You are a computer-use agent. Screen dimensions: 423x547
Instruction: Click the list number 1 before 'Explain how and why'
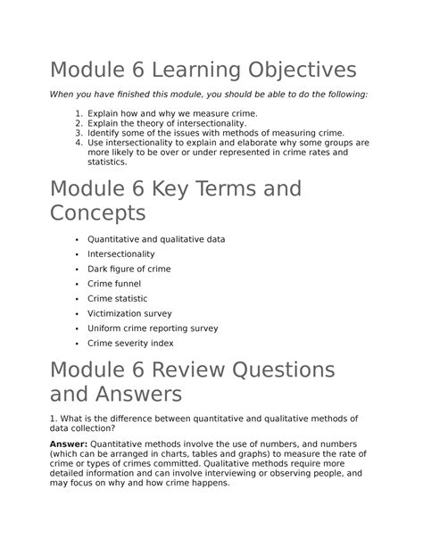point(79,114)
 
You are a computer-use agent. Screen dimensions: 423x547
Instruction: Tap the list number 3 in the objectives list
point(79,133)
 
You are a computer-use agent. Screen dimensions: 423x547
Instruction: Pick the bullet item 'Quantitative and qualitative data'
point(156,239)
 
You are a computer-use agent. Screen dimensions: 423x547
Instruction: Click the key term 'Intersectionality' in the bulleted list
point(120,253)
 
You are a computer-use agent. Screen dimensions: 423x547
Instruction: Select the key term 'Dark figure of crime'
point(129,269)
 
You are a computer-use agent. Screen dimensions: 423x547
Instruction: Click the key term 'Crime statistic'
point(118,298)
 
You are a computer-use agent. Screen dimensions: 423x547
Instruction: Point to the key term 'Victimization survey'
point(129,313)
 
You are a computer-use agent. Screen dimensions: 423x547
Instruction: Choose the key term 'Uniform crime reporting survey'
point(153,327)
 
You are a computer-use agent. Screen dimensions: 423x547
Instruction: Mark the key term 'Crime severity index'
point(130,343)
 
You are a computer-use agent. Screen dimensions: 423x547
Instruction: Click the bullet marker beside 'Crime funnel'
point(78,284)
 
